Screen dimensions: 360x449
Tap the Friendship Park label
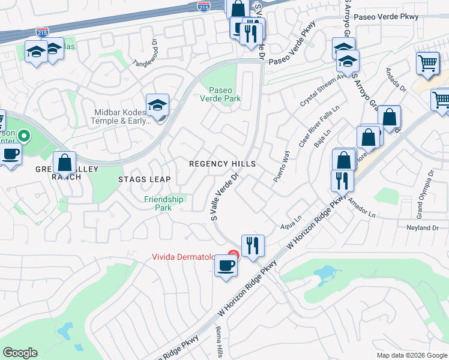click(163, 203)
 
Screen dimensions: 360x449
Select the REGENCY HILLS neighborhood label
click(222, 164)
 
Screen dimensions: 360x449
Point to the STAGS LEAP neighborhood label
click(144, 179)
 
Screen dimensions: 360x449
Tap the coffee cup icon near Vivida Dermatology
click(226, 266)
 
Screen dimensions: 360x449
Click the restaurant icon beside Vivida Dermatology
click(253, 245)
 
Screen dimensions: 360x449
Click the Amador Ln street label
click(361, 210)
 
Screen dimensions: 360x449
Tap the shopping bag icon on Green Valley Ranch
click(64, 163)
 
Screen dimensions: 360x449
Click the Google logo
click(20, 353)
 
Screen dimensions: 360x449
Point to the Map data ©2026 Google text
click(412, 355)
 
